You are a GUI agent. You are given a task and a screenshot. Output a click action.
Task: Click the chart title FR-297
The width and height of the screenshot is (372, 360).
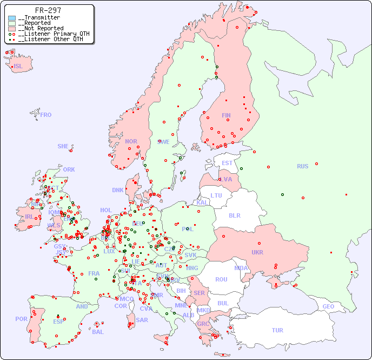48,10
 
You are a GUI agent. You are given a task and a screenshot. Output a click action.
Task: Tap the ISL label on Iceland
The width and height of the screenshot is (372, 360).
18,67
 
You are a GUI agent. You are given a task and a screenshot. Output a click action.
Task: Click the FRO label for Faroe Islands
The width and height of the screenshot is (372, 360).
46,115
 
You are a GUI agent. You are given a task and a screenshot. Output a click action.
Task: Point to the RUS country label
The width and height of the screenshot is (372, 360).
302,166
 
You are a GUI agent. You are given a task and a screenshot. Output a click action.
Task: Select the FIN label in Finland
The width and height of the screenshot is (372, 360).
226,115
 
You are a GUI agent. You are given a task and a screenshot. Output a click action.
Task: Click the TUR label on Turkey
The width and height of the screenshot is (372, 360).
277,330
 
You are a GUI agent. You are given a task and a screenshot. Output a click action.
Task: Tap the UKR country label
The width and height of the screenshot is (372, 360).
257,252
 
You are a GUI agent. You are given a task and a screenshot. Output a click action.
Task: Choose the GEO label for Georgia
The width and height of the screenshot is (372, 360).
328,306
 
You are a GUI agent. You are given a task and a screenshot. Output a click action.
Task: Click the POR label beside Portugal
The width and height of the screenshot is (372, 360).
21,319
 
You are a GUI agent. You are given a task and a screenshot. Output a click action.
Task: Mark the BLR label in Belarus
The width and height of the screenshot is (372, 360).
234,215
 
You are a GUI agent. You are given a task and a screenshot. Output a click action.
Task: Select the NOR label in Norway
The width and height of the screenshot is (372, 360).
131,141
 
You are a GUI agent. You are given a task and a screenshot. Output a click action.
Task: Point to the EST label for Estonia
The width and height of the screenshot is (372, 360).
227,163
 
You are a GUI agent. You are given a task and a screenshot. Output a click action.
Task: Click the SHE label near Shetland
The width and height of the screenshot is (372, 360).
63,146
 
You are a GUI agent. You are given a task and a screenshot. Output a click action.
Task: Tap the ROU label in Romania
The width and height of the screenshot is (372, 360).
221,279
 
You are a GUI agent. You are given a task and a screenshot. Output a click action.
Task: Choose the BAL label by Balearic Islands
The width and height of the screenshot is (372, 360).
98,332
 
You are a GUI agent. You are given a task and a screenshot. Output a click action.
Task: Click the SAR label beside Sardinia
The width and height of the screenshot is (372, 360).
142,320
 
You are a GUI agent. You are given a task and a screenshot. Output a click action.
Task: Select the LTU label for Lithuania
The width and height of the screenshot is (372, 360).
216,195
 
